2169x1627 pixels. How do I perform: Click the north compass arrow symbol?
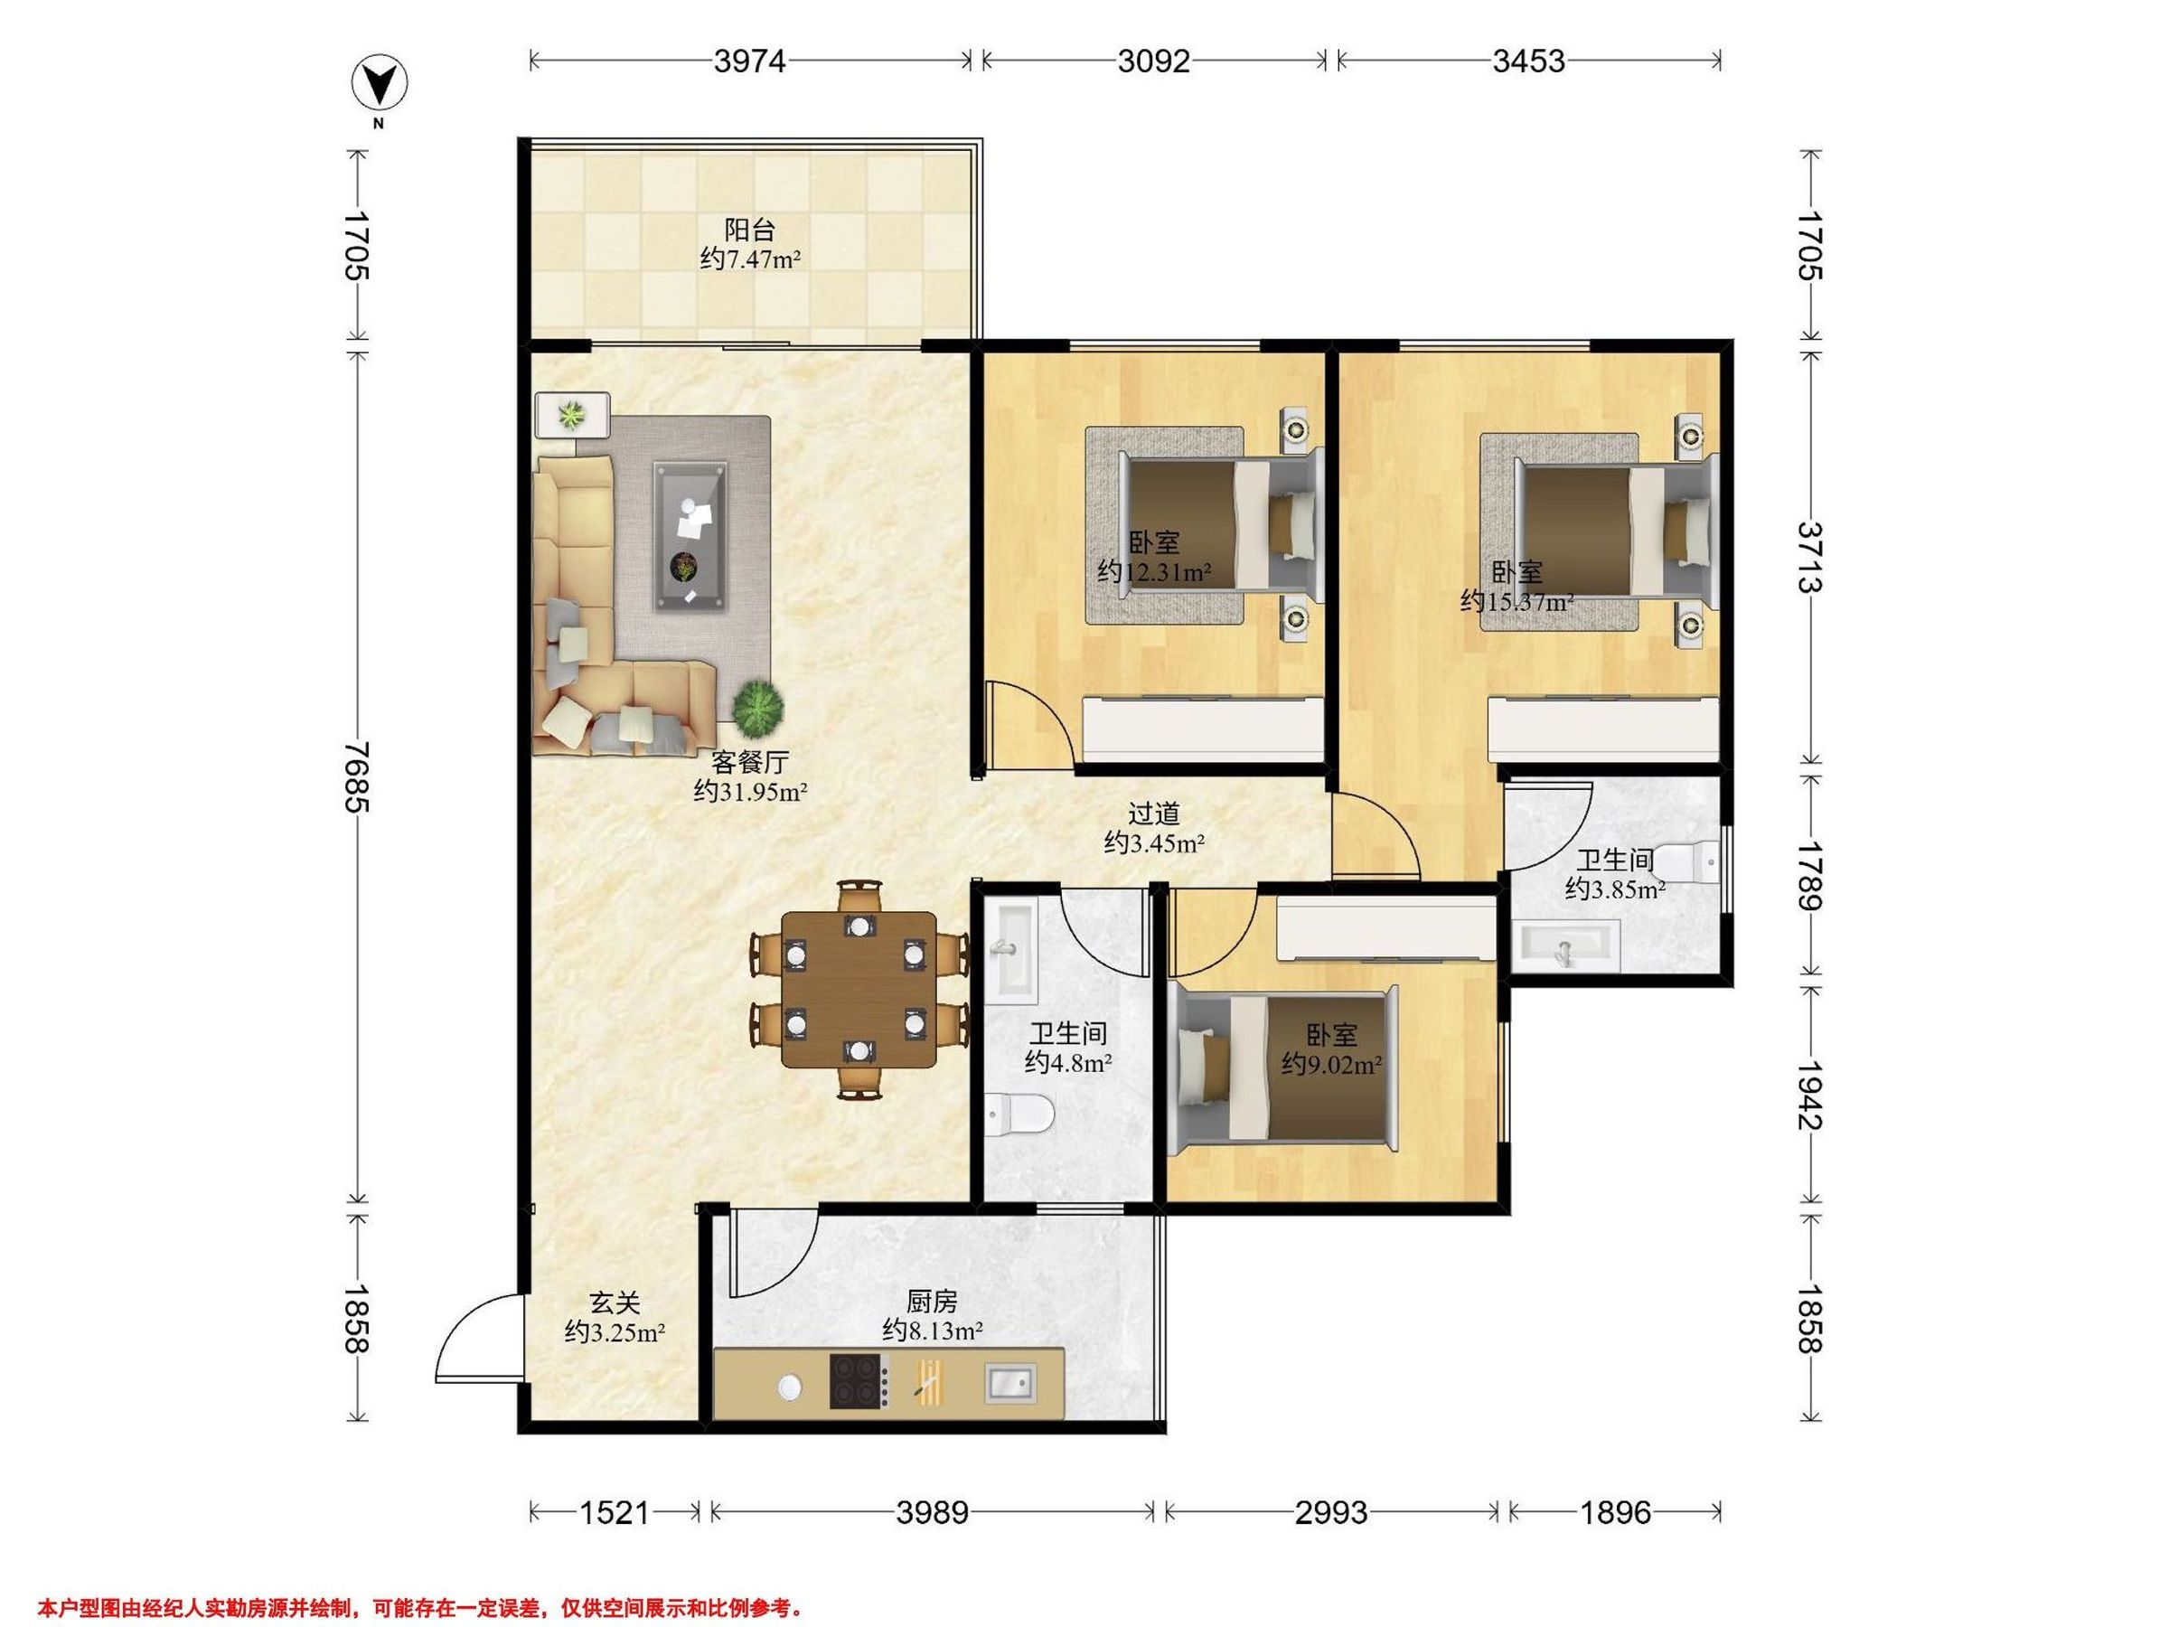point(380,84)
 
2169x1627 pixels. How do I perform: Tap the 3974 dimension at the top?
point(750,61)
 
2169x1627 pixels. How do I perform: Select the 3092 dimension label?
point(1154,61)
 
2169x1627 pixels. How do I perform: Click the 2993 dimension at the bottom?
point(1330,1513)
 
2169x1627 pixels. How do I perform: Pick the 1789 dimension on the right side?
point(1809,875)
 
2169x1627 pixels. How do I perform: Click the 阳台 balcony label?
point(749,230)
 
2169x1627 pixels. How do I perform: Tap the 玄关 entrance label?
point(615,1303)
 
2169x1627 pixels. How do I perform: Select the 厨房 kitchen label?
point(932,1302)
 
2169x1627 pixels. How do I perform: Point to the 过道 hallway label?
point(1153,813)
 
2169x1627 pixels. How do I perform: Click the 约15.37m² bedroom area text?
point(1516,601)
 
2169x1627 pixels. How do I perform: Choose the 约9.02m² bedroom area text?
point(1331,1064)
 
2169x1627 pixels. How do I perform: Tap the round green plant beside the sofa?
point(757,708)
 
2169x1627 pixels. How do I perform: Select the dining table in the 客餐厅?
point(859,990)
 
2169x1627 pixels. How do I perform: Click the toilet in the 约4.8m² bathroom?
point(1019,1114)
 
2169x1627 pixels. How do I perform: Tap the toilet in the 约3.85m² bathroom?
point(1688,863)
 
